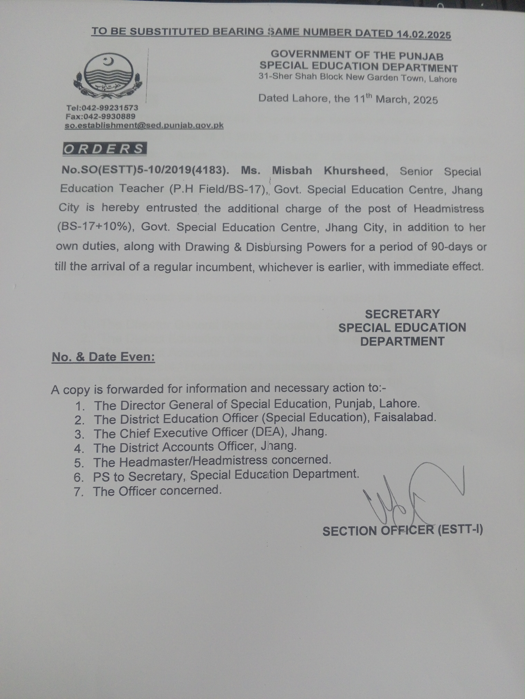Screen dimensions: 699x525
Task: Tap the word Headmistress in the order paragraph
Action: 448,209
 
